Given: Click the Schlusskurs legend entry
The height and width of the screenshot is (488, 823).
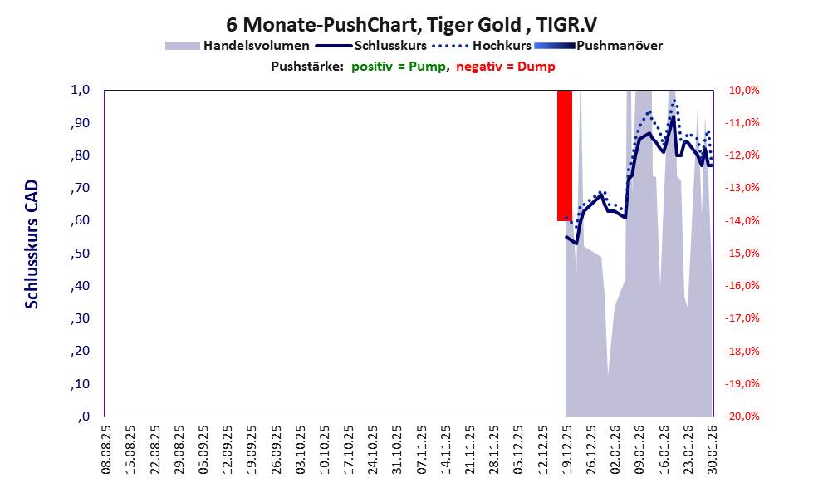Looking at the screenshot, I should click(x=390, y=45).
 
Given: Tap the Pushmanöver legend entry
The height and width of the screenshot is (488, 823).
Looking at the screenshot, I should click(x=619, y=45).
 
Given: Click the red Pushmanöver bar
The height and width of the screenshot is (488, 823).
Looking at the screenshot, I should click(x=565, y=155).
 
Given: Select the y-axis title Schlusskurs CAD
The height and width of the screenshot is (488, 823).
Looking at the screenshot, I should click(x=32, y=245).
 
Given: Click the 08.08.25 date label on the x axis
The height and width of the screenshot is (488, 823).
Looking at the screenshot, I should click(x=105, y=449).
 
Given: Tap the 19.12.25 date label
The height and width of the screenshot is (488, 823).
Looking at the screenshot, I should click(x=566, y=449).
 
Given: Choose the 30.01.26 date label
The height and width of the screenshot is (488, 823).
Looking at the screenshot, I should click(x=711, y=449).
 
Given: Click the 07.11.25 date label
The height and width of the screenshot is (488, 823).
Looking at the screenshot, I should click(x=421, y=449).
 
